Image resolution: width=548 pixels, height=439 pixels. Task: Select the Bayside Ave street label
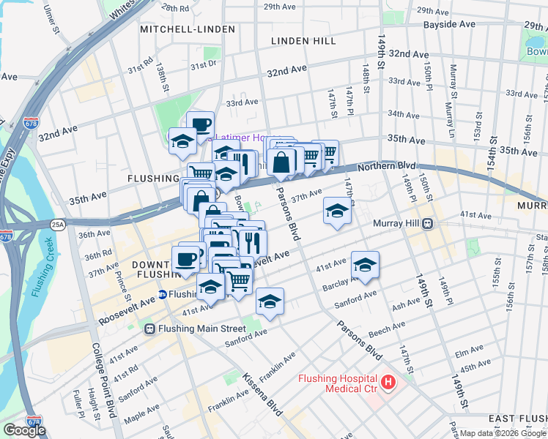click(449, 24)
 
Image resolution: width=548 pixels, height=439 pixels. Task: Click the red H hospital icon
click(387, 382)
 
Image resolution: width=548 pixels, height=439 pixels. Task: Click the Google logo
click(25, 430)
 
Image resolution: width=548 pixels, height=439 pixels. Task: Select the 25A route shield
click(59, 224)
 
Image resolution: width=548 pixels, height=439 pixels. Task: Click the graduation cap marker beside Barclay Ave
click(365, 264)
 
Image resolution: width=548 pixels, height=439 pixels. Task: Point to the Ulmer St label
click(51, 13)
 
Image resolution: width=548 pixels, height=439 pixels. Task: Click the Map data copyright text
click(502, 432)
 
